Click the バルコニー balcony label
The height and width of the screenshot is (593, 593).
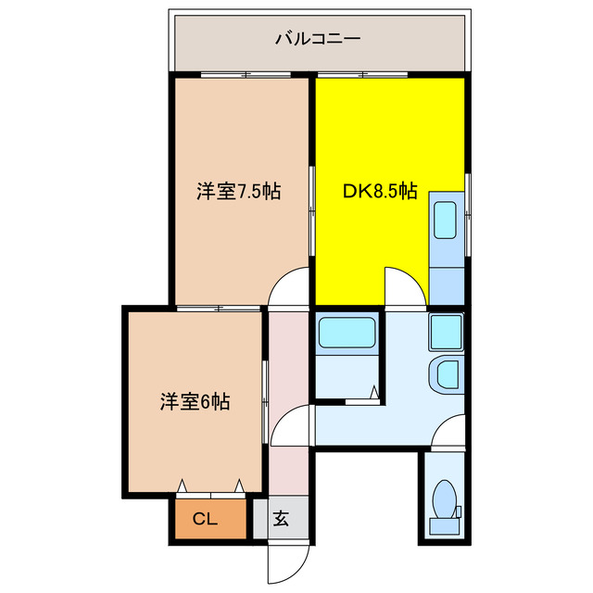coord(317,39)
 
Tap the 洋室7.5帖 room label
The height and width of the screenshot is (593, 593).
coord(238,192)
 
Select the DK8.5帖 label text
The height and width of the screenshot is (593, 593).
coord(379,192)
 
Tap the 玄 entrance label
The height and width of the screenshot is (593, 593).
coord(281,519)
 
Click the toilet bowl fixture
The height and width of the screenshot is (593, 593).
coord(444,498)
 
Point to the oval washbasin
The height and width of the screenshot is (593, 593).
coord(446,375)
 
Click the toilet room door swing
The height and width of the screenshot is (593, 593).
coord(448,431)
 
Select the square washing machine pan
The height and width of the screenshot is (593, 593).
coord(446,332)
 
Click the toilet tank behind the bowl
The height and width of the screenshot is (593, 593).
coord(444,525)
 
